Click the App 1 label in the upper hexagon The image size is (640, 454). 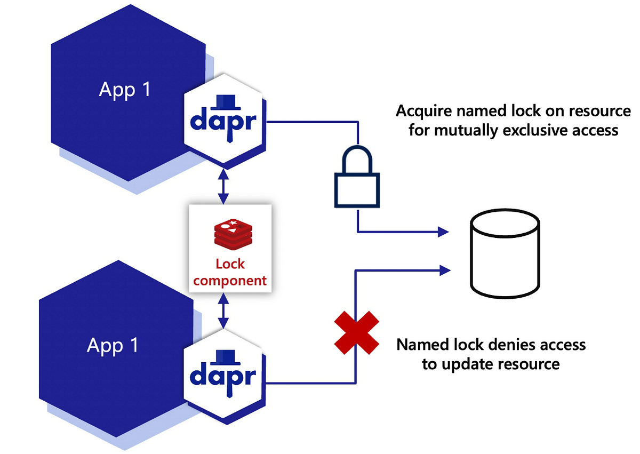pos(125,89)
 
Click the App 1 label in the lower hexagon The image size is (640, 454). pos(113,345)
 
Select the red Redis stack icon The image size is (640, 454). pos(230,233)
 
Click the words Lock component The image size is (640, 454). pos(230,272)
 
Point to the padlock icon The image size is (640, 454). pos(356,179)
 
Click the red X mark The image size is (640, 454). pos(356,332)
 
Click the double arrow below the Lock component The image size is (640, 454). pos(224,310)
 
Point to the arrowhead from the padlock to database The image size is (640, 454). pos(443,232)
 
